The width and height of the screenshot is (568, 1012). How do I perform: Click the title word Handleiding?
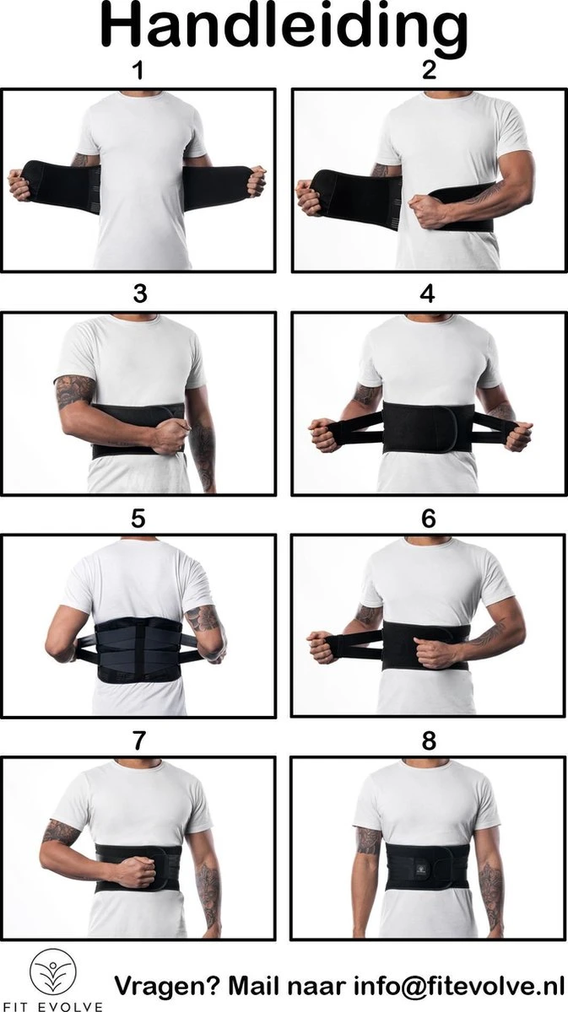click(x=284, y=27)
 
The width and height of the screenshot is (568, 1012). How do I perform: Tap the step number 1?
click(x=138, y=71)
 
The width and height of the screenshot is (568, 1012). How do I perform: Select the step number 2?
click(x=429, y=71)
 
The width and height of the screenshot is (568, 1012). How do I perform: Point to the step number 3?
click(x=139, y=293)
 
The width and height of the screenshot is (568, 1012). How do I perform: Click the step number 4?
click(x=429, y=293)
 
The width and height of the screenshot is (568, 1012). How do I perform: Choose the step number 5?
click(x=139, y=519)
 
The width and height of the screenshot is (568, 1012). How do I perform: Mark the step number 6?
click(x=429, y=519)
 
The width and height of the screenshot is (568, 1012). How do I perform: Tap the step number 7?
click(x=139, y=740)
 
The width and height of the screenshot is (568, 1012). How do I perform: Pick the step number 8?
click(x=429, y=740)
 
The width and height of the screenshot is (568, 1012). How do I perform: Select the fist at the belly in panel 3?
click(x=170, y=436)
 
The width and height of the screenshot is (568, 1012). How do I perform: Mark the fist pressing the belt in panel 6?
click(x=437, y=653)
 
